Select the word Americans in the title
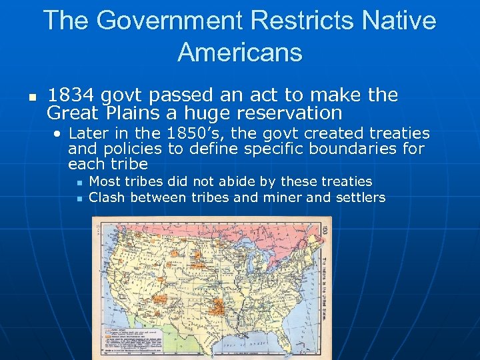240,51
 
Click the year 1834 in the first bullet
70,95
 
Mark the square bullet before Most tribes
79,182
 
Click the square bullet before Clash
79,198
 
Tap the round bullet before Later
59,134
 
